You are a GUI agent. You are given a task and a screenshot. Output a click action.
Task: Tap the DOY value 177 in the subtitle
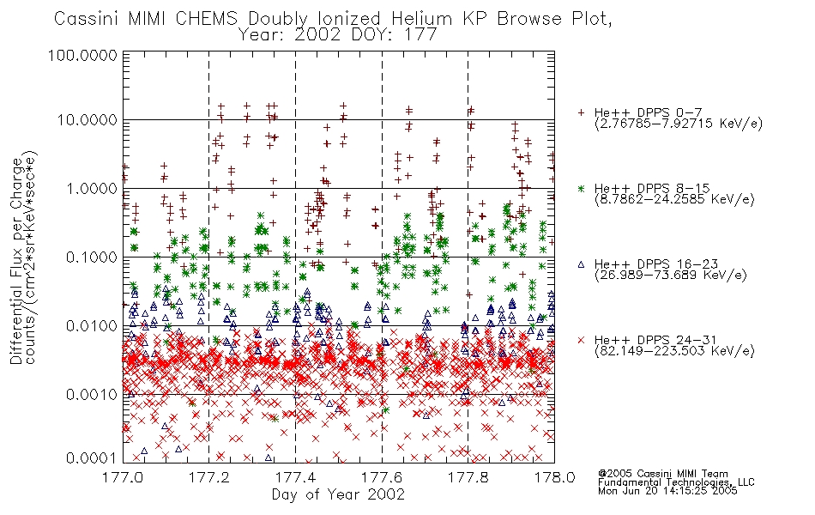point(420,35)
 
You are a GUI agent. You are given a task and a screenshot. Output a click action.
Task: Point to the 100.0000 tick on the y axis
point(82,55)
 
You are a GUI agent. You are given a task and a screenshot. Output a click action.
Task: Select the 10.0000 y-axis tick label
point(87,120)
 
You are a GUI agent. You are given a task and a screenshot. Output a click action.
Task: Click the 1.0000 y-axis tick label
point(91,188)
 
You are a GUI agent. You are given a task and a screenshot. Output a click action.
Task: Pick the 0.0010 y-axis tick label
point(91,394)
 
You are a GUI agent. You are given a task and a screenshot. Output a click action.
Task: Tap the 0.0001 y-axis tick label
point(91,458)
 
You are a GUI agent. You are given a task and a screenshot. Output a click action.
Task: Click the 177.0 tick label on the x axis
point(122,477)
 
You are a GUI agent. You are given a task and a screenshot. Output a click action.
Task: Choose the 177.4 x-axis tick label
point(295,477)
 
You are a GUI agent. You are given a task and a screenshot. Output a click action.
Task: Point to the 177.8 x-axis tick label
point(468,477)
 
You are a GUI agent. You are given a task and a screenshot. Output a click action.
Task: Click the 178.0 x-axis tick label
point(554,477)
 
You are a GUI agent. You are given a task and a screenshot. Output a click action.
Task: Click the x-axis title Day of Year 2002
point(338,494)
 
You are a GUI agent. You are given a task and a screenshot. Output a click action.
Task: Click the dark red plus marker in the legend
point(581,112)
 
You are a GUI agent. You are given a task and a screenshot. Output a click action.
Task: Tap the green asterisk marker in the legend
point(581,188)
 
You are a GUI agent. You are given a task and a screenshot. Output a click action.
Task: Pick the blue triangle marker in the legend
point(581,264)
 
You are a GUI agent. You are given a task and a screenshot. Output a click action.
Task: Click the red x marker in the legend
point(581,340)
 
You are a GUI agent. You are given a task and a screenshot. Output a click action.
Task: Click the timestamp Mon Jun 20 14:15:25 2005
point(667,491)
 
